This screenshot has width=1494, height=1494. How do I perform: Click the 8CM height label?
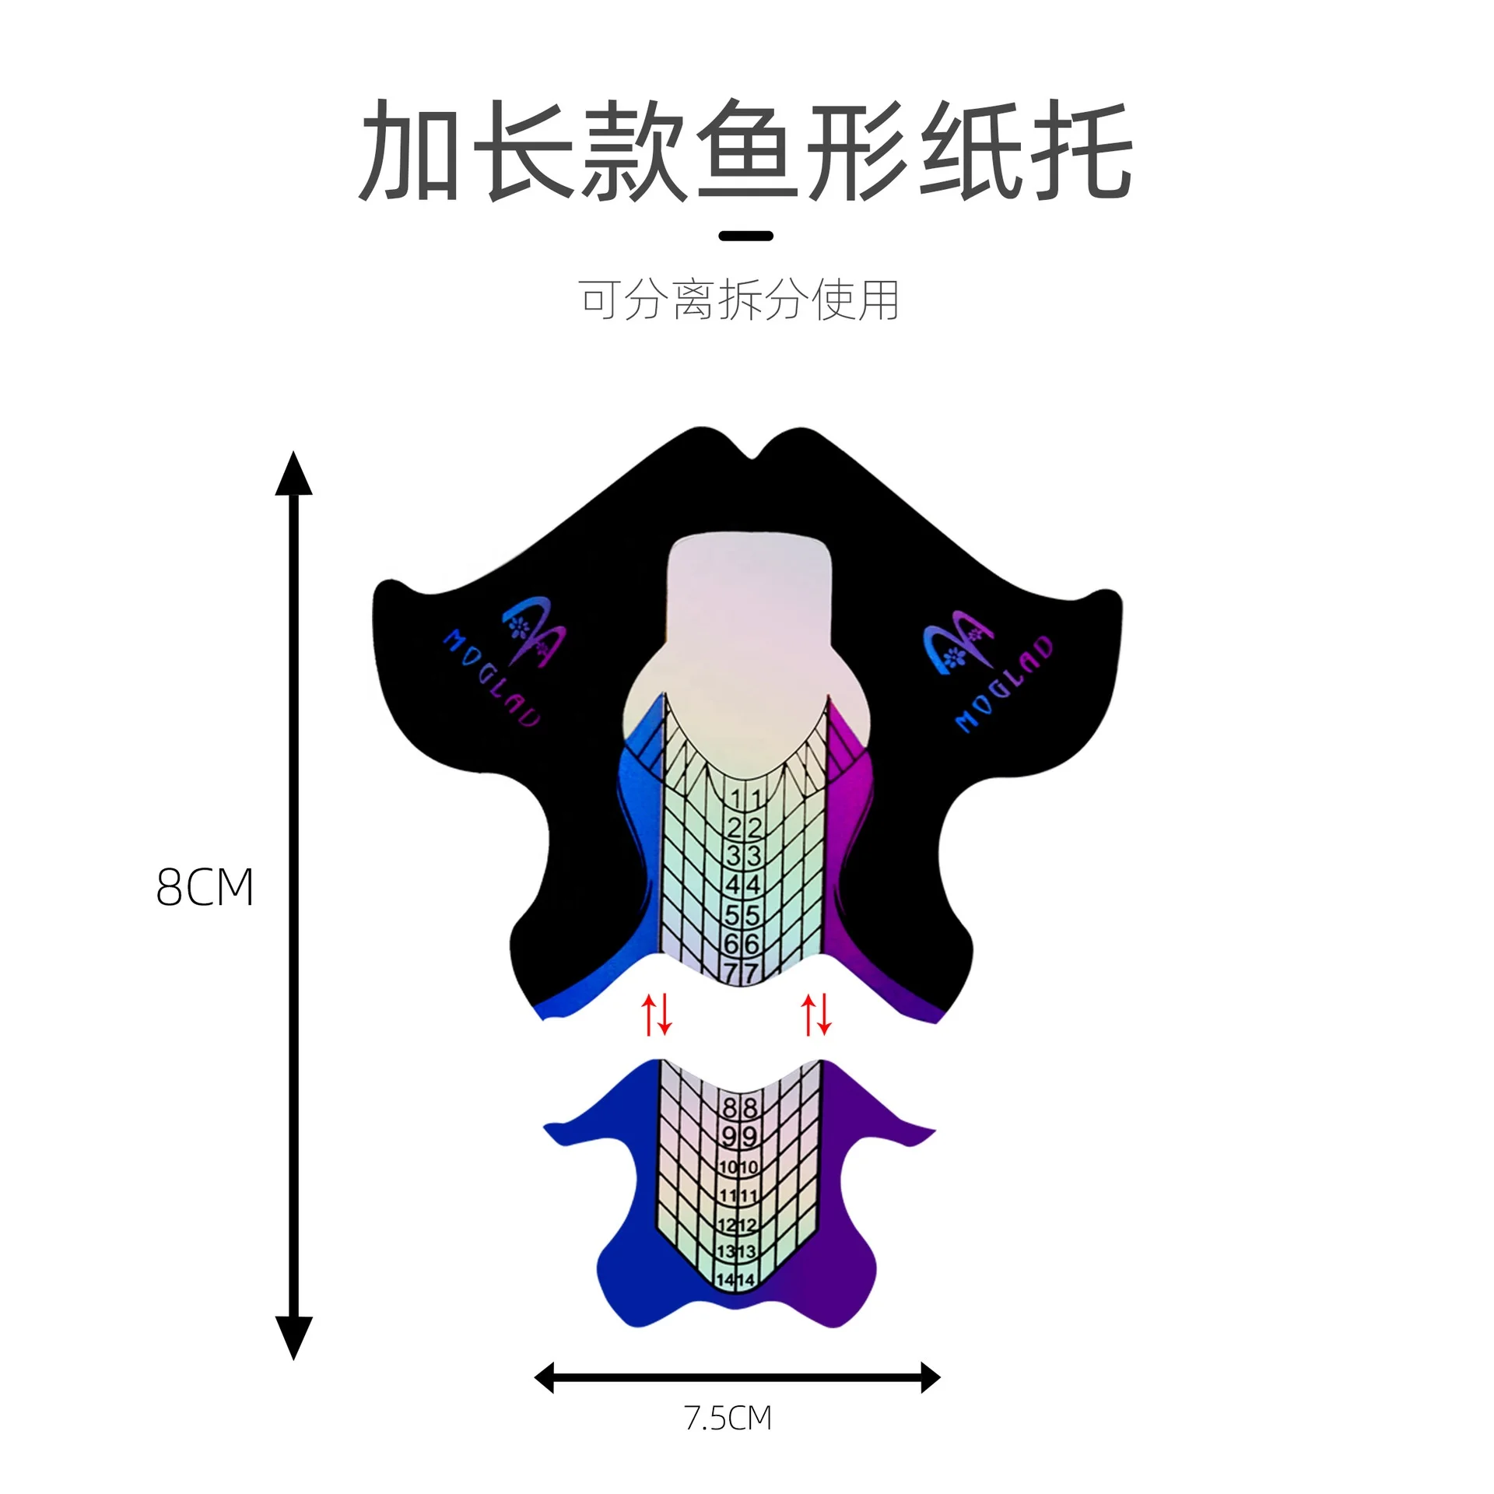tap(205, 887)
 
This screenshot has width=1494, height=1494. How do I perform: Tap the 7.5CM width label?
tap(728, 1419)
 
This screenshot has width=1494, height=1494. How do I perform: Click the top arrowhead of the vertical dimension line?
tap(293, 473)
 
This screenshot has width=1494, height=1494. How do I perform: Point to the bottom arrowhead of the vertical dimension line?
tap(293, 1337)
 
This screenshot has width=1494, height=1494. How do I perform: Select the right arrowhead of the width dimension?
tap(931, 1377)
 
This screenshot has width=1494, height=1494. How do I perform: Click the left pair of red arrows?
tap(655, 1014)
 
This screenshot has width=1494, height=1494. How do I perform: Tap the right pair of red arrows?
tap(816, 1014)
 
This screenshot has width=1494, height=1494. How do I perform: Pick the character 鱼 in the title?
tap(745, 151)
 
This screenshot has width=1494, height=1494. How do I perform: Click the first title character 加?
tap(409, 151)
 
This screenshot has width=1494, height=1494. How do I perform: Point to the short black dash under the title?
tap(745, 236)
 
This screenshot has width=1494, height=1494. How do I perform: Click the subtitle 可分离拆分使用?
tap(739, 300)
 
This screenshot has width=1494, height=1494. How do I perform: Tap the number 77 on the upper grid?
tap(741, 973)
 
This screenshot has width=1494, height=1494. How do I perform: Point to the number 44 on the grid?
tap(743, 885)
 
